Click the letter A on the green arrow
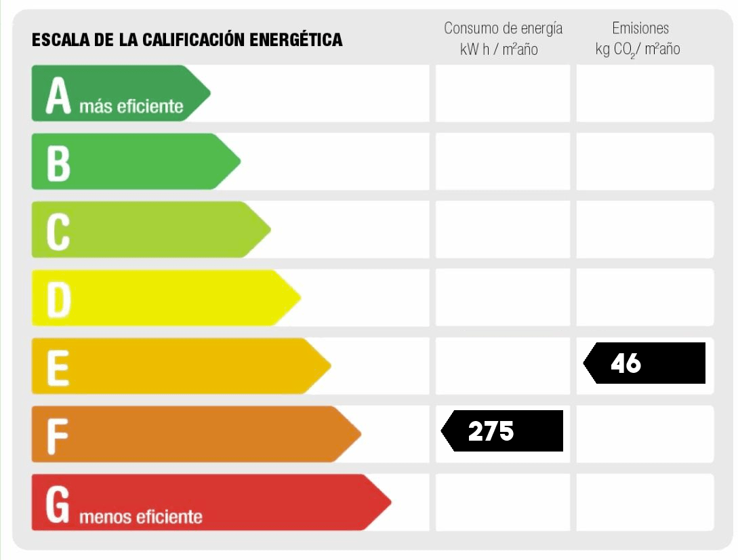pyautogui.click(x=58, y=96)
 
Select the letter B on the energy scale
pyautogui.click(x=58, y=163)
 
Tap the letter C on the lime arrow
pyautogui.click(x=58, y=231)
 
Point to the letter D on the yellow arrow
pyautogui.click(x=58, y=300)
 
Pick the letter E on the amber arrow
pyautogui.click(x=58, y=368)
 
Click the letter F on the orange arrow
pyautogui.click(x=58, y=437)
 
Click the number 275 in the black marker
pyautogui.click(x=491, y=431)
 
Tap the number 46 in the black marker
pyautogui.click(x=626, y=363)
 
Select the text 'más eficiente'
pyautogui.click(x=131, y=106)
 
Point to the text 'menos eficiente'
pyautogui.click(x=141, y=517)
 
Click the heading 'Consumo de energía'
pyautogui.click(x=503, y=28)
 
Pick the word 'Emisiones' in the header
pyautogui.click(x=640, y=28)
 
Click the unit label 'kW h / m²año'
pyautogui.click(x=499, y=49)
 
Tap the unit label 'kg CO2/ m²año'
pyautogui.click(x=637, y=49)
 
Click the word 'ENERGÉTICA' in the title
pyautogui.click(x=296, y=40)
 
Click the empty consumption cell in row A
pyautogui.click(x=502, y=94)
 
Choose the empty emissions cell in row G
pyautogui.click(x=644, y=502)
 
